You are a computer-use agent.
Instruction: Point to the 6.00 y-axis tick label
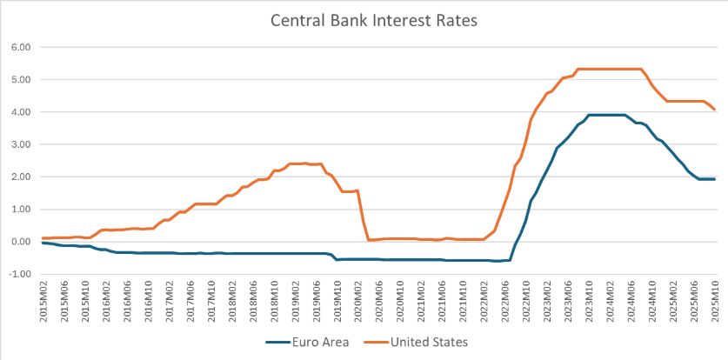click(19, 47)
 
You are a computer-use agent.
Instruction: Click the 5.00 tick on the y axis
click(19, 79)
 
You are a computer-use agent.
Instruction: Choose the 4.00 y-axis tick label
click(19, 112)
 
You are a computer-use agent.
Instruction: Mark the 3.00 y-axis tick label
click(19, 144)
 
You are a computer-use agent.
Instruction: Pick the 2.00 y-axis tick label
click(19, 177)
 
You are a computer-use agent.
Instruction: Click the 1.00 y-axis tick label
click(19, 210)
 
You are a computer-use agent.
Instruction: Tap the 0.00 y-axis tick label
click(19, 242)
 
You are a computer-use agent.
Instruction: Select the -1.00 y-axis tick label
click(17, 274)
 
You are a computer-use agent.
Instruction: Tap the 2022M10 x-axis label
click(527, 303)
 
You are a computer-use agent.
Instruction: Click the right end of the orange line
click(715, 110)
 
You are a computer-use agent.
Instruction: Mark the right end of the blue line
click(715, 179)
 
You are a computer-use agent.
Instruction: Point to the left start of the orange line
click(43, 238)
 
